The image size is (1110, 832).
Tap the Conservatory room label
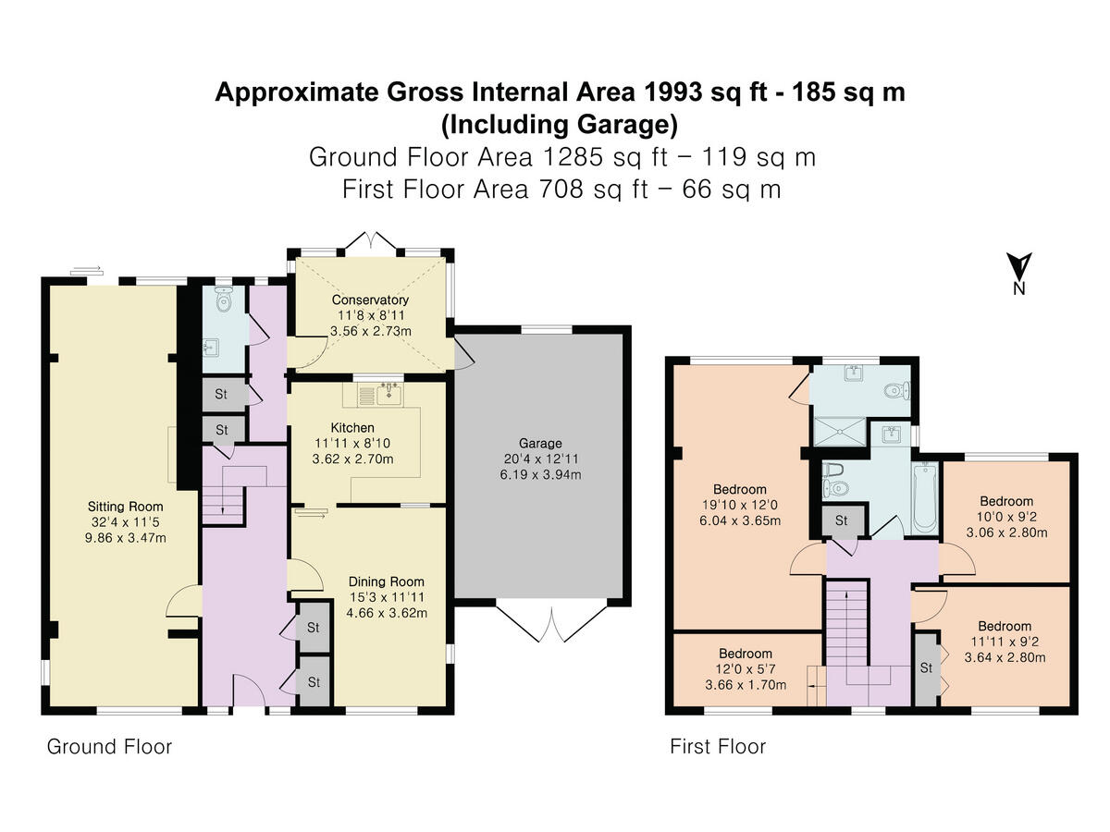(x=370, y=300)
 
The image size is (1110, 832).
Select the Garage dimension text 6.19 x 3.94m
(x=540, y=474)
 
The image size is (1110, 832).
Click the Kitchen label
(x=352, y=427)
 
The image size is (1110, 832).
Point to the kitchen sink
(x=389, y=394)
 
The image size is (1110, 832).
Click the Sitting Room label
(x=125, y=507)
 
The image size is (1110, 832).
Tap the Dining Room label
(x=387, y=581)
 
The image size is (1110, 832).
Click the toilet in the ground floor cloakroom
(x=223, y=299)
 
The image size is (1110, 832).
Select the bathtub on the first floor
(x=925, y=497)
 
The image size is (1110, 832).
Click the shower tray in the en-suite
(x=840, y=432)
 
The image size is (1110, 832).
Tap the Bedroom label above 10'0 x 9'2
(x=1006, y=501)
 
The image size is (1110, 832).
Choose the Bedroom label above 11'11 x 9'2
(x=1005, y=626)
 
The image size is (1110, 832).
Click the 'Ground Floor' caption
(x=109, y=747)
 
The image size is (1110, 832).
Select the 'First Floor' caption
(x=718, y=747)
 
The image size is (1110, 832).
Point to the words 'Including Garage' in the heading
(x=560, y=125)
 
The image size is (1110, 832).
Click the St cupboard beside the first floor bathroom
(x=841, y=520)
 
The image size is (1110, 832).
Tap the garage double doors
(x=551, y=623)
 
